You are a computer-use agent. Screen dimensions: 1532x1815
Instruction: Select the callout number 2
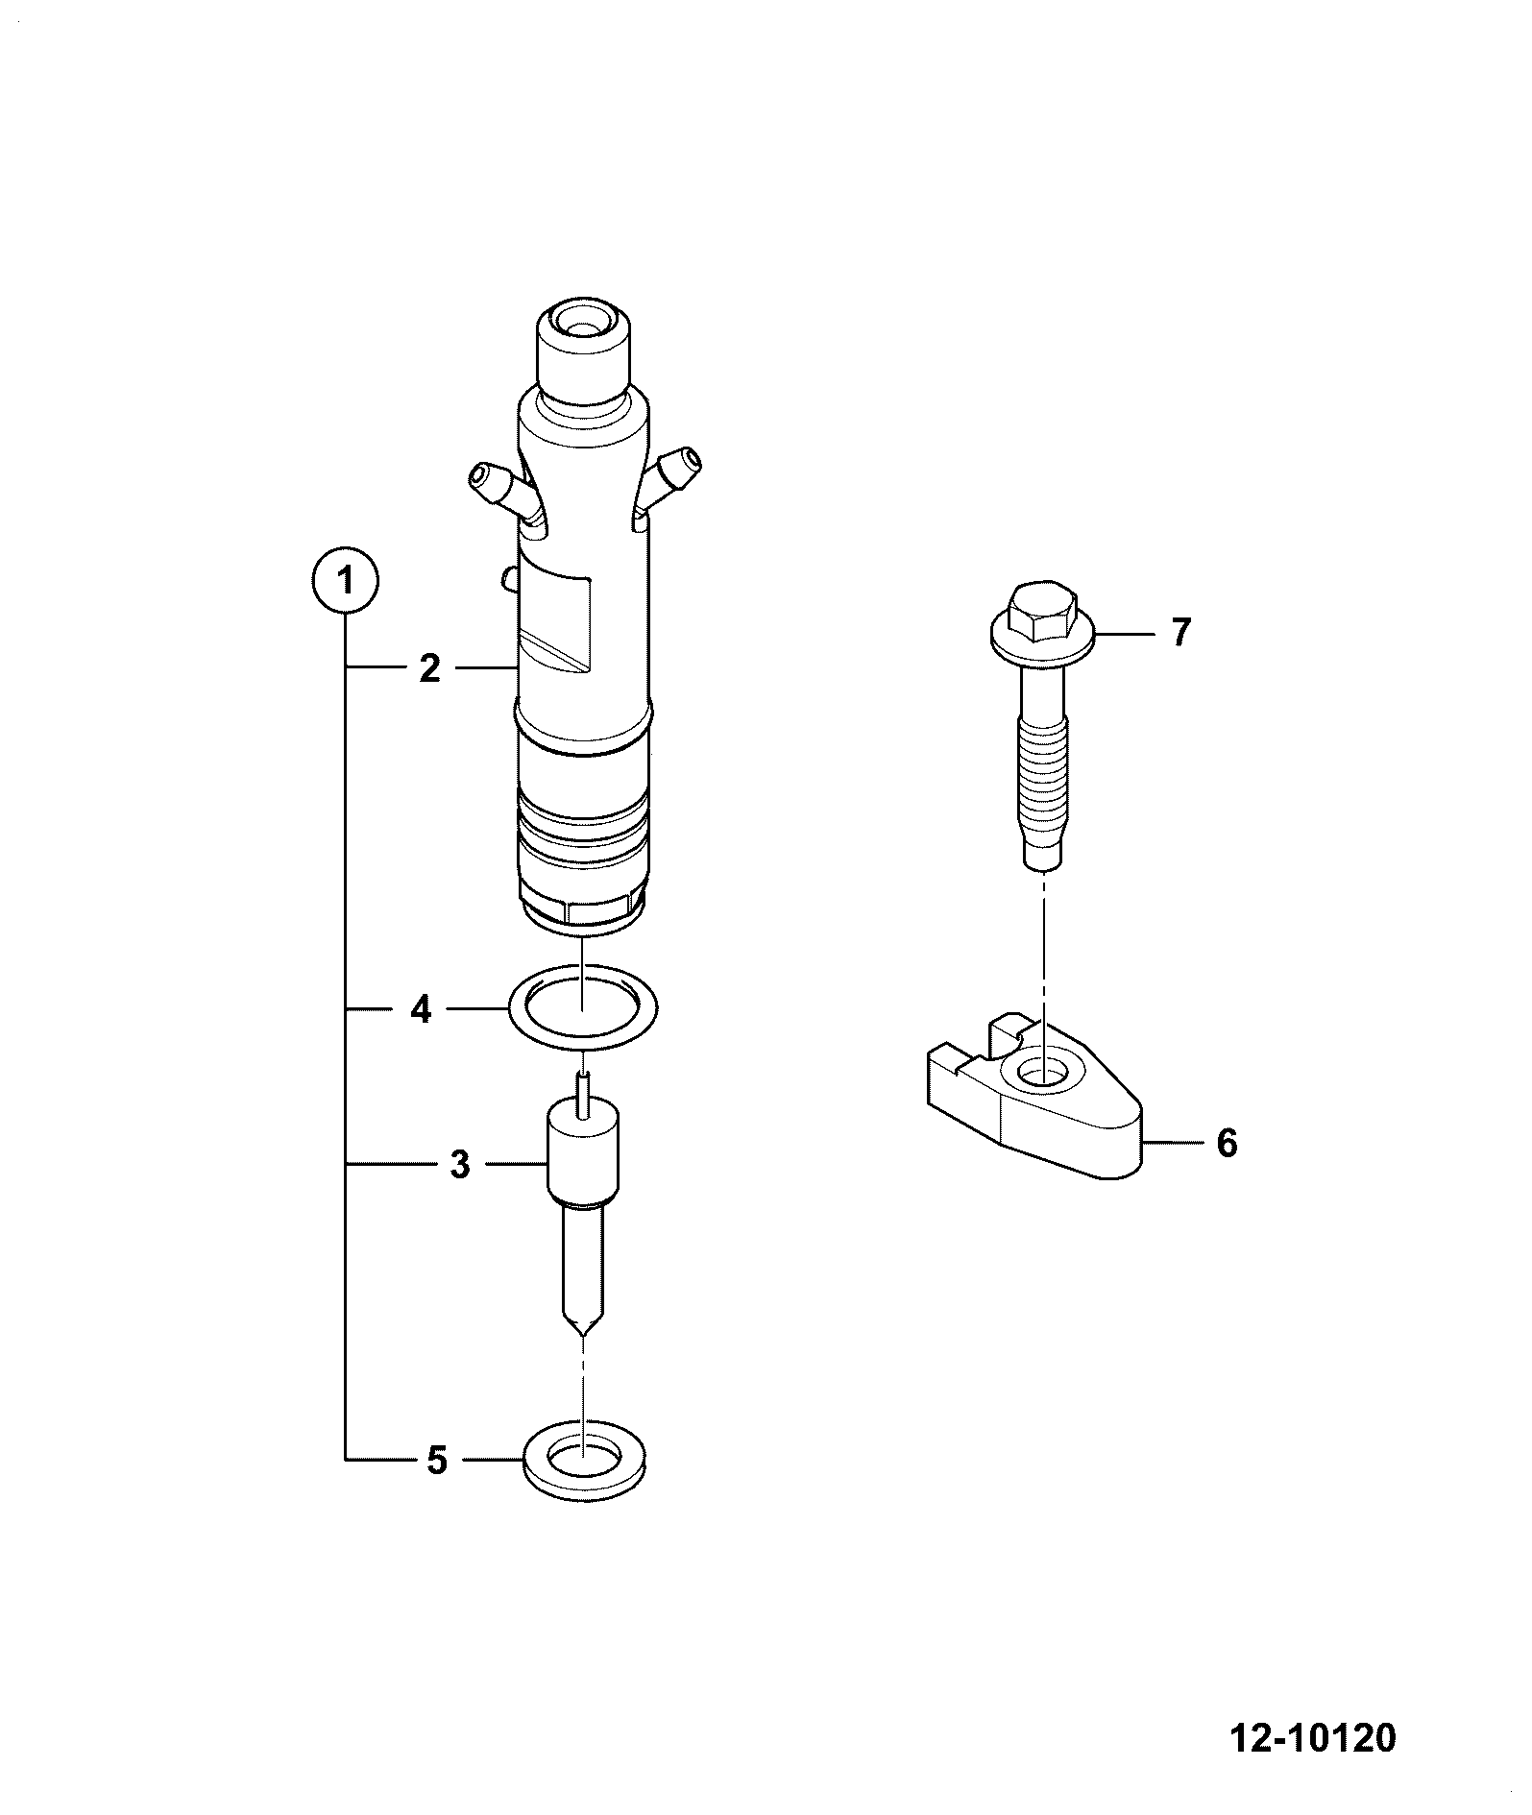coord(429,668)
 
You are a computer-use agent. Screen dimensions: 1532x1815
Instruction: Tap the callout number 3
coord(460,1165)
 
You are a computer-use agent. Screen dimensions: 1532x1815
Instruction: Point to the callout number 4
coord(422,1010)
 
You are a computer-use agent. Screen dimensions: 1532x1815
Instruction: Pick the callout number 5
coord(437,1488)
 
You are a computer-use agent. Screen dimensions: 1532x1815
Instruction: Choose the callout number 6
coord(1227,1144)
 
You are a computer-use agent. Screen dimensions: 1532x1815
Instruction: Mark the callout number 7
coord(1180,633)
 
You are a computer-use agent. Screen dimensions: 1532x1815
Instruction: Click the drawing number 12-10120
coord(1312,1737)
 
